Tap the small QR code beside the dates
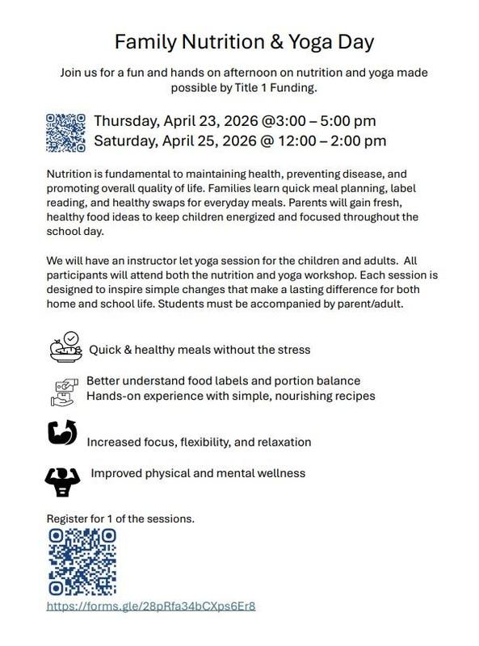[x=66, y=132]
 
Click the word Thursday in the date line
[x=126, y=121]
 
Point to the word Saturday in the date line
[x=126, y=141]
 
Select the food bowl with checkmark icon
[x=65, y=348]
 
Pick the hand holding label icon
[x=62, y=391]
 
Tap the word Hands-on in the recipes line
[x=112, y=396]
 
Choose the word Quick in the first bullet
[x=105, y=350]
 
